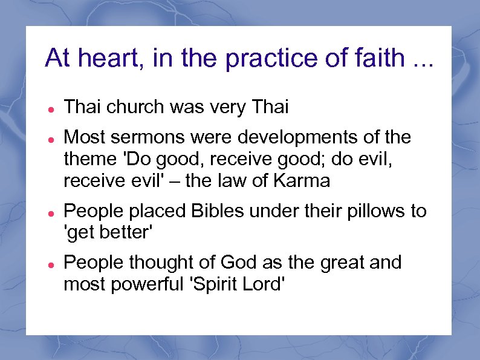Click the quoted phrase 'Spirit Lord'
pos(237,284)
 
